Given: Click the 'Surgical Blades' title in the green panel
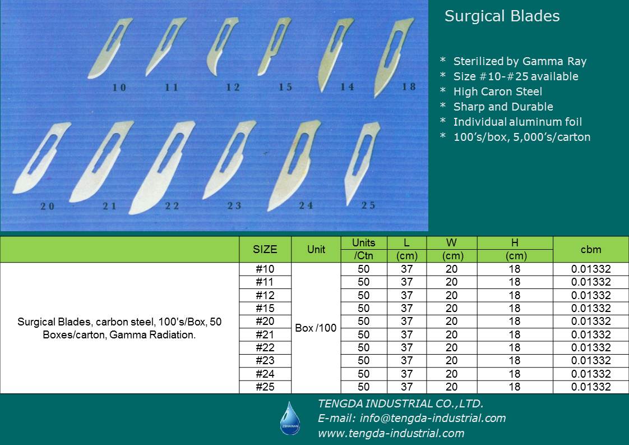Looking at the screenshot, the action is tap(502, 16).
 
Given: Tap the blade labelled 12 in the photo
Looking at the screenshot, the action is tap(222, 45).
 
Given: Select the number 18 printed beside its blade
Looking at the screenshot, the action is tap(409, 86).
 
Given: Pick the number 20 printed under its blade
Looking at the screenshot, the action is tap(47, 206).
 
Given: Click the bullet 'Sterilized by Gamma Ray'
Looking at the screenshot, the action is tap(520, 62).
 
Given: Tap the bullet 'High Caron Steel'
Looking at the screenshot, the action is tap(497, 91).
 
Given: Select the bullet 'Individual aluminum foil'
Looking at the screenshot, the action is tap(517, 122).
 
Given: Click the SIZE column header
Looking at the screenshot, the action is tap(265, 249).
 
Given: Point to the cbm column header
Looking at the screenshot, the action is tap(591, 249).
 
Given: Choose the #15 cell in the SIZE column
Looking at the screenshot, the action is tap(265, 309).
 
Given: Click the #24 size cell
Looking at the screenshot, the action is tap(265, 374).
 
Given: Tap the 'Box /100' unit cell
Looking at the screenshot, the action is tap(316, 328).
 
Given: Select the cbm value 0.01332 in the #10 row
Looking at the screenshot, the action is tap(591, 269).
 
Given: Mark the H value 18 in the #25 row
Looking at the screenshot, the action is tap(515, 387).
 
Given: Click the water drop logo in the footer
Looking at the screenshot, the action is tap(290, 419).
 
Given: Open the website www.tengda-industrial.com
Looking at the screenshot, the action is tap(391, 433).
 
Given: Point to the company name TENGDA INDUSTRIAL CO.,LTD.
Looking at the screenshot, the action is tap(401, 403).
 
